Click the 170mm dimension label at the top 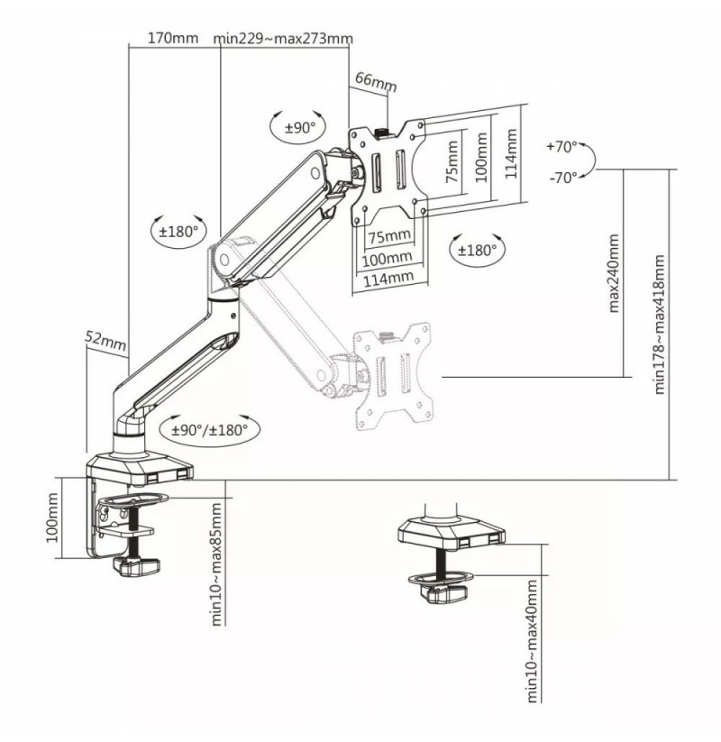[173, 38]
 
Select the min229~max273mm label [283, 39]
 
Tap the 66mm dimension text [376, 81]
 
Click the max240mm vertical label [614, 273]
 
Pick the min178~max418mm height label [659, 325]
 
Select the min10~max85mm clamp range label [215, 564]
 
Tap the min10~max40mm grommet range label [532, 641]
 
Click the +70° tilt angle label [561, 147]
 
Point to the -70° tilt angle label [563, 178]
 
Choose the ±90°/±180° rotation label [210, 430]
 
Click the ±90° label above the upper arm [300, 128]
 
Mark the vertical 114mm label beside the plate [511, 154]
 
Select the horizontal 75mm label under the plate [389, 235]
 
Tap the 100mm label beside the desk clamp [52, 518]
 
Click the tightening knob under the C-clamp [136, 565]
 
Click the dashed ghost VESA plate [394, 376]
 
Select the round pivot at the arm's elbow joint [224, 260]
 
